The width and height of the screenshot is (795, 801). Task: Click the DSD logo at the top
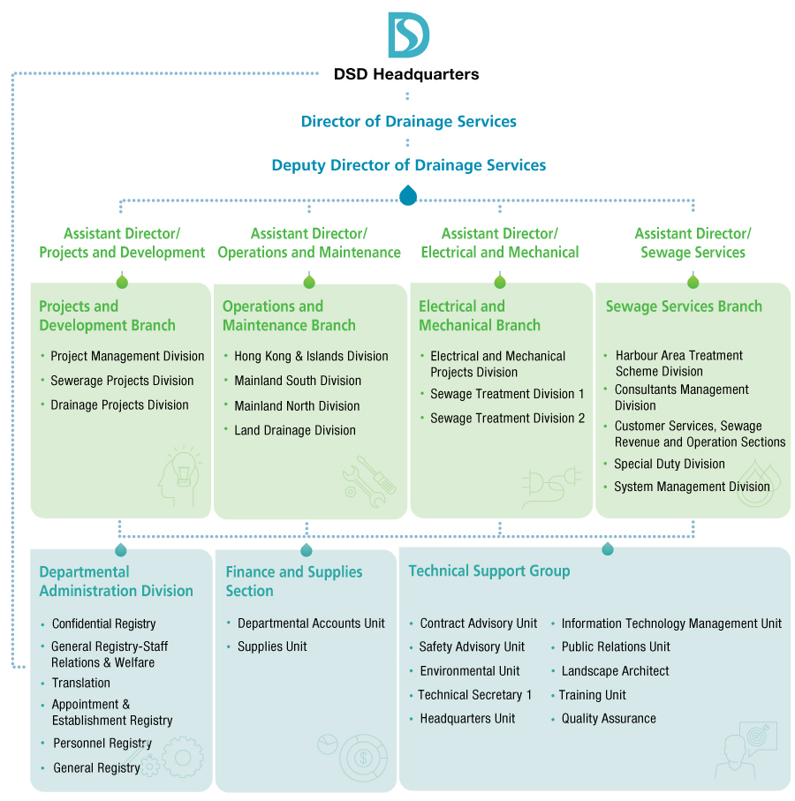(408, 35)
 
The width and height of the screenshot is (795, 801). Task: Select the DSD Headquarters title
(406, 74)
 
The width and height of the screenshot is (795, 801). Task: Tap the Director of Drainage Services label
(408, 122)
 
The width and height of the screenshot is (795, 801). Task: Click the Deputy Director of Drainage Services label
(408, 165)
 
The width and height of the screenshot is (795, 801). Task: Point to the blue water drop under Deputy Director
(408, 195)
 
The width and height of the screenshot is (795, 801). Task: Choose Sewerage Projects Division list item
(122, 381)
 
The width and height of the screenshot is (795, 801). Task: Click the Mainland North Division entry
(297, 406)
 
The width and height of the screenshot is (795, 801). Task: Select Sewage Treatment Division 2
(507, 419)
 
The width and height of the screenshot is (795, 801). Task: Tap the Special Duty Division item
(670, 465)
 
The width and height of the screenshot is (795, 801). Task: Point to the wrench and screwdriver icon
(369, 481)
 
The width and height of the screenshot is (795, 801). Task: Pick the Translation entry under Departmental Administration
(81, 684)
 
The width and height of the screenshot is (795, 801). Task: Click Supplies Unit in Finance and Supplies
(272, 647)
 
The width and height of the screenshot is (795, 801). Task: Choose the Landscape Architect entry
(616, 671)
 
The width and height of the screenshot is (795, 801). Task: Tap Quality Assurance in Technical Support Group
(609, 719)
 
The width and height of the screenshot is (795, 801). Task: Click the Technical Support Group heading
(489, 571)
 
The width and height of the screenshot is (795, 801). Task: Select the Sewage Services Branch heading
(684, 306)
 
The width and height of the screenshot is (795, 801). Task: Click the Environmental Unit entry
(470, 671)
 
